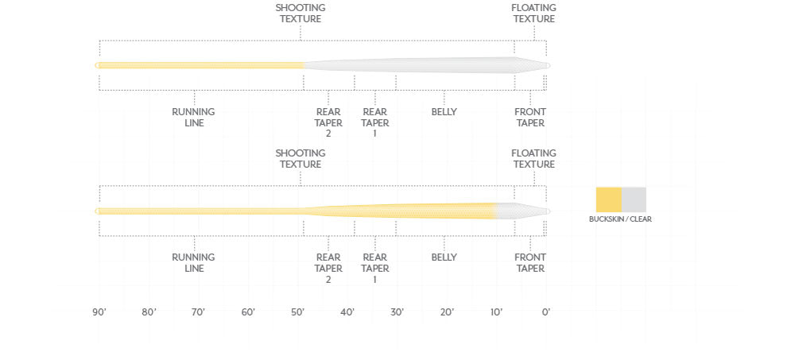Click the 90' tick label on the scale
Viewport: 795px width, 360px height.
tap(99, 312)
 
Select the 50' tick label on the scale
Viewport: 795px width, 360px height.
tap(298, 312)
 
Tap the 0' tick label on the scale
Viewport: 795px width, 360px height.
tap(545, 312)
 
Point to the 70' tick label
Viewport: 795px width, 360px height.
tap(198, 312)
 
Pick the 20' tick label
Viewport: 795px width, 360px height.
tap(447, 312)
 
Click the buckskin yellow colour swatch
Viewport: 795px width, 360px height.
tap(609, 199)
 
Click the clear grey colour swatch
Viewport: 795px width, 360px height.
tap(634, 199)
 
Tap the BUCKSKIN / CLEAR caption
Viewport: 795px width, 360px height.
tap(620, 219)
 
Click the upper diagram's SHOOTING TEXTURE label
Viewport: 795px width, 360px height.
tap(301, 14)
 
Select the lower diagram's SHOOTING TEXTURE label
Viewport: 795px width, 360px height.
tap(301, 159)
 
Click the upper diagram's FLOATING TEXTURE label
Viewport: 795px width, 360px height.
tap(533, 14)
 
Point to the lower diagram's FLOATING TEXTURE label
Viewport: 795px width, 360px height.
tap(533, 159)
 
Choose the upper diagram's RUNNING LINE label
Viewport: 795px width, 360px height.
tap(194, 118)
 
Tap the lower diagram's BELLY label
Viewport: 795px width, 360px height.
tap(444, 257)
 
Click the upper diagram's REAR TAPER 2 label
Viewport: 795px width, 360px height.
tap(328, 123)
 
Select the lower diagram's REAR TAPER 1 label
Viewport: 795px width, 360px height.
tap(375, 268)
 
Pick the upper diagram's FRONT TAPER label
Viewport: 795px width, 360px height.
tap(529, 118)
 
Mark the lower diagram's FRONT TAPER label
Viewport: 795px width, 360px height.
tap(529, 263)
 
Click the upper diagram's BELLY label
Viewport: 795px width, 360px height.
tap(444, 112)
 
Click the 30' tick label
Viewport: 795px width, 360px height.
tap(397, 312)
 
